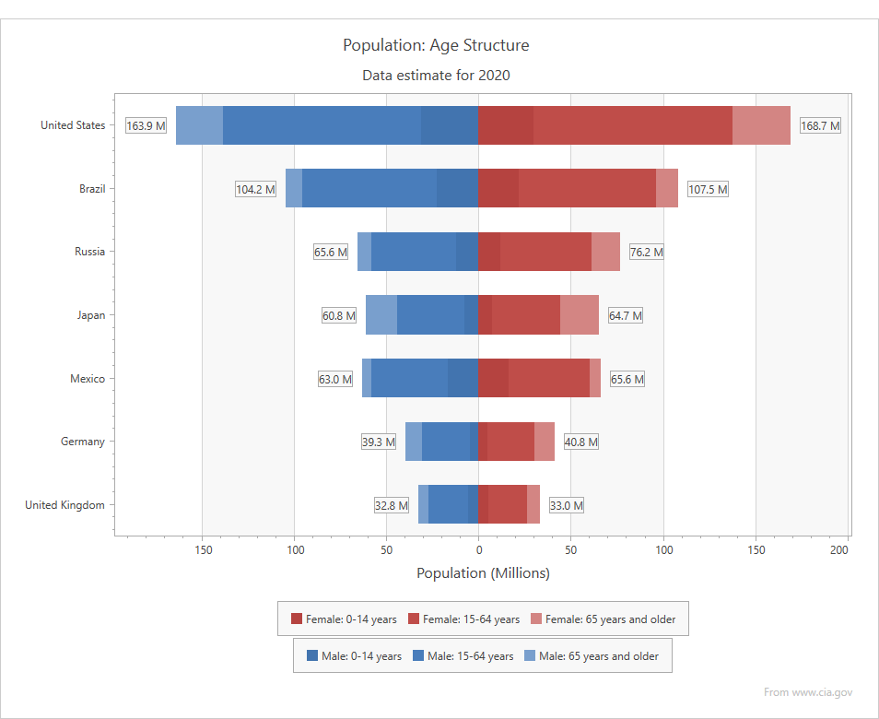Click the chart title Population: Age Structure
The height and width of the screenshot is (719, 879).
click(x=436, y=45)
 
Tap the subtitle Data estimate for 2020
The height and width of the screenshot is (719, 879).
click(x=436, y=76)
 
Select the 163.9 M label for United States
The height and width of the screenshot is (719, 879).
click(x=146, y=125)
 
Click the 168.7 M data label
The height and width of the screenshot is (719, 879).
click(x=819, y=125)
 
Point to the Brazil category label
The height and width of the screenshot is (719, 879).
click(x=92, y=189)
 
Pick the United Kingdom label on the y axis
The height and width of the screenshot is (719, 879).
click(x=64, y=505)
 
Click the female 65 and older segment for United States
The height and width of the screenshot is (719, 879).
click(x=761, y=125)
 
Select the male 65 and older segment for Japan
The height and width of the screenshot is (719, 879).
click(x=381, y=315)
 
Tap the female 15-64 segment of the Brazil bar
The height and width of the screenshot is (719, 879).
click(x=587, y=189)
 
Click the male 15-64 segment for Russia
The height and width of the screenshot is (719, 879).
click(x=414, y=252)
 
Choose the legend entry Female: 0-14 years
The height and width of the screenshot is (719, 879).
click(x=344, y=619)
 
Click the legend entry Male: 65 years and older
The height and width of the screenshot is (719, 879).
click(x=591, y=656)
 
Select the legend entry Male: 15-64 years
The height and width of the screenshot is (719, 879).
click(x=463, y=656)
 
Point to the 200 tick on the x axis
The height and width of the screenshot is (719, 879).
click(x=838, y=550)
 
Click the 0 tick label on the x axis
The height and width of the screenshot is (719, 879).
click(x=478, y=550)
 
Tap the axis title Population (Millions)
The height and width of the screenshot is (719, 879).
click(x=483, y=573)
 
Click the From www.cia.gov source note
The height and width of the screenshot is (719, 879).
click(x=808, y=691)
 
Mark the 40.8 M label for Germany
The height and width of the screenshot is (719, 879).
click(x=580, y=442)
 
